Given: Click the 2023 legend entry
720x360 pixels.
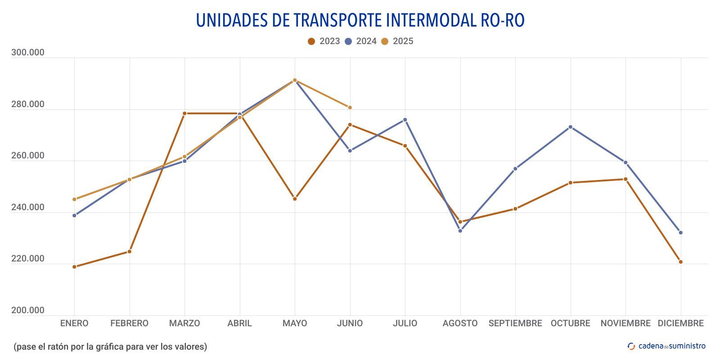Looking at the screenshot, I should point(324,41).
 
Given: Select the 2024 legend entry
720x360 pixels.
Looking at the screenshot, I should point(360,41).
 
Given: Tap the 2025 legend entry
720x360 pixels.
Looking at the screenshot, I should point(397,41).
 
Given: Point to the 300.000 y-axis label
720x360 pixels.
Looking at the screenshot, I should point(28,53).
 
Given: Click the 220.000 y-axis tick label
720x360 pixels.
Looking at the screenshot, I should point(28,259).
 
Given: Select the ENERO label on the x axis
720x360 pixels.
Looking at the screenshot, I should point(74,323).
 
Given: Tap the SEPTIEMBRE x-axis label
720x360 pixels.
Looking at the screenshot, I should point(515,323).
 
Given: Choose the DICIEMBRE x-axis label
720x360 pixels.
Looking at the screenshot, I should point(680,323).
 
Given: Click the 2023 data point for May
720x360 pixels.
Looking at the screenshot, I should point(295,199).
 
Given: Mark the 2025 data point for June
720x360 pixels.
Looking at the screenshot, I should point(350,108).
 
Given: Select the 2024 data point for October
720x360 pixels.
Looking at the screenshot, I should point(571,127).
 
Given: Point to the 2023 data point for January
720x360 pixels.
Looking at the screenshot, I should point(74,267).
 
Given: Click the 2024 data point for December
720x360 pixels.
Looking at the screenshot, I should point(680,233).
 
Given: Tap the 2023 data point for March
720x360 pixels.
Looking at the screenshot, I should point(184,113).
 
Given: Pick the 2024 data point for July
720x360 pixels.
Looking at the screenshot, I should point(405,120).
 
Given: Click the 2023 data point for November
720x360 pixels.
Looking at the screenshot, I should point(625,179).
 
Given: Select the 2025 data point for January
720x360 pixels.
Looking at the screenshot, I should point(74,199).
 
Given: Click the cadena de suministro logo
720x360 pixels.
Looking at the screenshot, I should point(666,346).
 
